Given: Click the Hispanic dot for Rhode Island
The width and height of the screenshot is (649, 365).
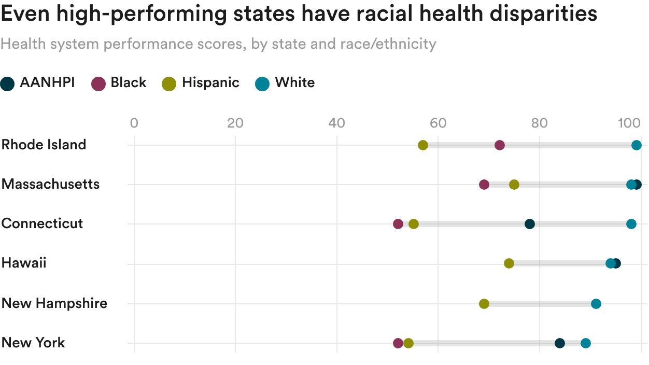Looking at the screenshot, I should (x=423, y=145).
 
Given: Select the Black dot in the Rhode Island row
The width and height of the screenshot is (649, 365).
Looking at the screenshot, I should (x=500, y=145).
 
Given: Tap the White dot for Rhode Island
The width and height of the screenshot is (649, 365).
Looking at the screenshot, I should (x=637, y=145).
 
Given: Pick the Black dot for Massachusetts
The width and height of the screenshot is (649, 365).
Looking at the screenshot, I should (x=484, y=185).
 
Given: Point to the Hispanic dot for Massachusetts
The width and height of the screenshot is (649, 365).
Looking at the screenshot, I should (x=514, y=185).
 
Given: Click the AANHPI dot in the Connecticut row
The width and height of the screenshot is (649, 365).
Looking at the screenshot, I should (x=530, y=224).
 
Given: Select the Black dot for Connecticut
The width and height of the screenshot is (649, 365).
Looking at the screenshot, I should (x=398, y=224).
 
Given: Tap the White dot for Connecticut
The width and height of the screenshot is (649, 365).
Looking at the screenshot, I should (x=631, y=224).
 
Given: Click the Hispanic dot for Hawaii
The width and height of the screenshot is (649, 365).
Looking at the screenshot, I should (x=509, y=263).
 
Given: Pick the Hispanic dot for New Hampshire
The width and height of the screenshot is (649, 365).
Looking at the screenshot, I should (x=484, y=304).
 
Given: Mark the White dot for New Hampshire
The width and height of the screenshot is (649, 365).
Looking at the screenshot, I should (x=596, y=304).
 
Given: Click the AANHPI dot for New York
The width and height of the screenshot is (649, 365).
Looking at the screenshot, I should (x=560, y=343).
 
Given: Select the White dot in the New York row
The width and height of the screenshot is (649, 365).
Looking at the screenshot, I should (x=586, y=343).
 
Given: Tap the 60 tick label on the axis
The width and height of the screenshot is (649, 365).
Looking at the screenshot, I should (x=439, y=123).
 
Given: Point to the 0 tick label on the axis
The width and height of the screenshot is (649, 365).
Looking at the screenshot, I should (x=134, y=123).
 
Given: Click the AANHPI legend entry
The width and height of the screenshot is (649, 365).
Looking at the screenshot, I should (x=38, y=83).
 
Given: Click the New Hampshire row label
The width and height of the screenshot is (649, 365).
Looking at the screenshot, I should (x=54, y=303).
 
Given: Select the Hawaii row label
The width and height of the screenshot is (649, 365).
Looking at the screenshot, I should (x=24, y=263).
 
